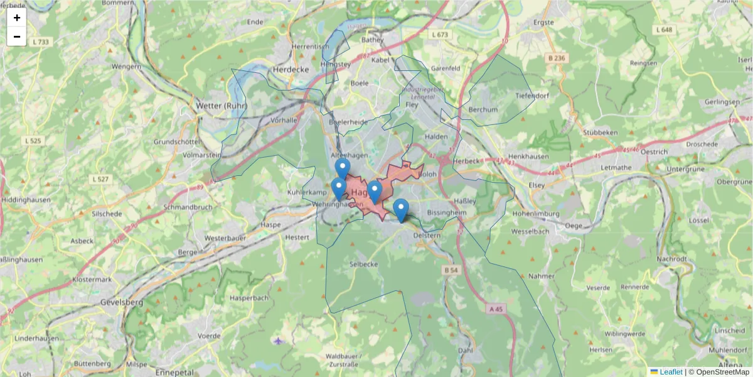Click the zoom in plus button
(17, 18)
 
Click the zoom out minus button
(17, 36)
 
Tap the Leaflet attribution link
(671, 372)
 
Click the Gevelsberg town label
(122, 302)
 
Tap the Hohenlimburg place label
(535, 214)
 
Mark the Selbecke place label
(364, 264)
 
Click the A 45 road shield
(496, 309)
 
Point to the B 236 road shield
(556, 58)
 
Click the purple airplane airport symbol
(279, 341)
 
